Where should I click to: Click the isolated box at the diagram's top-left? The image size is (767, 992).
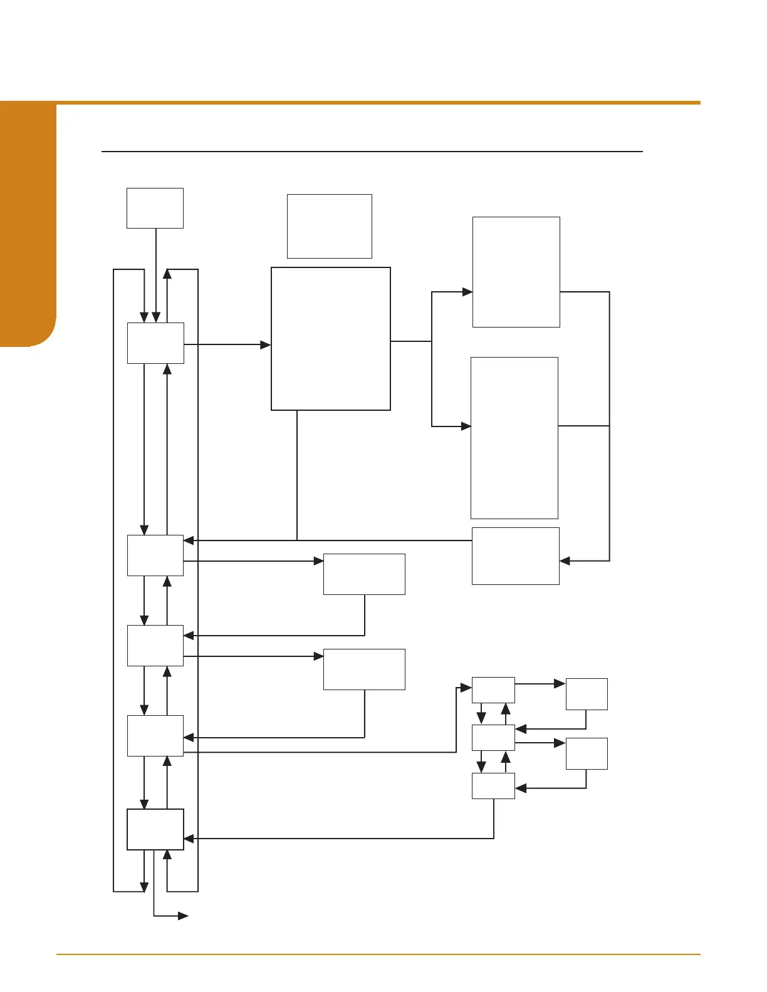tap(155, 208)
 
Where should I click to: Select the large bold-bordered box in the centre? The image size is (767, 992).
tap(331, 339)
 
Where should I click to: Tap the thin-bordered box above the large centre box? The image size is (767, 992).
tap(330, 226)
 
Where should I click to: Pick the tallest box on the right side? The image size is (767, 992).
tap(514, 438)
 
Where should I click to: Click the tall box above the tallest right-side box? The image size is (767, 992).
tap(516, 272)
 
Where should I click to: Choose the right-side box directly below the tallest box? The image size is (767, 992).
tap(515, 556)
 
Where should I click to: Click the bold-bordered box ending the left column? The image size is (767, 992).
tap(155, 829)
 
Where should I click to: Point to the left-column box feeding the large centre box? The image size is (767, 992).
tap(155, 343)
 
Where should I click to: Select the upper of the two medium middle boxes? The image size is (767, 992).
tap(364, 574)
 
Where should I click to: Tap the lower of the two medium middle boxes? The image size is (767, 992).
tap(364, 669)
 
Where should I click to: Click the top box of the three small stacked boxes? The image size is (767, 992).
tap(493, 690)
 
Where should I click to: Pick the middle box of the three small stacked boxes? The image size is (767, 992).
tap(493, 737)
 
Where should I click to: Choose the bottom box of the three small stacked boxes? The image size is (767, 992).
tap(493, 785)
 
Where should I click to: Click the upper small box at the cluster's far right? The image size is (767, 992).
tap(587, 694)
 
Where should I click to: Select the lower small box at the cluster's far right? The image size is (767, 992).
tap(587, 753)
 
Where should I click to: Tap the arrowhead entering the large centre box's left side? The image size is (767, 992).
tap(266, 344)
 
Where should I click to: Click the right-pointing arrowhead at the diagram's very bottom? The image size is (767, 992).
tap(183, 916)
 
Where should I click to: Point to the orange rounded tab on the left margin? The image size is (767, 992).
tap(28, 225)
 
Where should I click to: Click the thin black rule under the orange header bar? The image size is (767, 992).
tap(372, 152)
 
